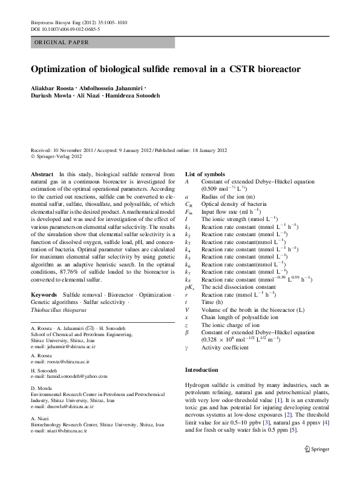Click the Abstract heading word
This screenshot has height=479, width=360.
tap(42, 174)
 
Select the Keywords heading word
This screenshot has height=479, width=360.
tap(44, 277)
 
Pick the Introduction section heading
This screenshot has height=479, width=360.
tap(201, 369)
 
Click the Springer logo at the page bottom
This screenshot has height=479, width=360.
tap(316, 449)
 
